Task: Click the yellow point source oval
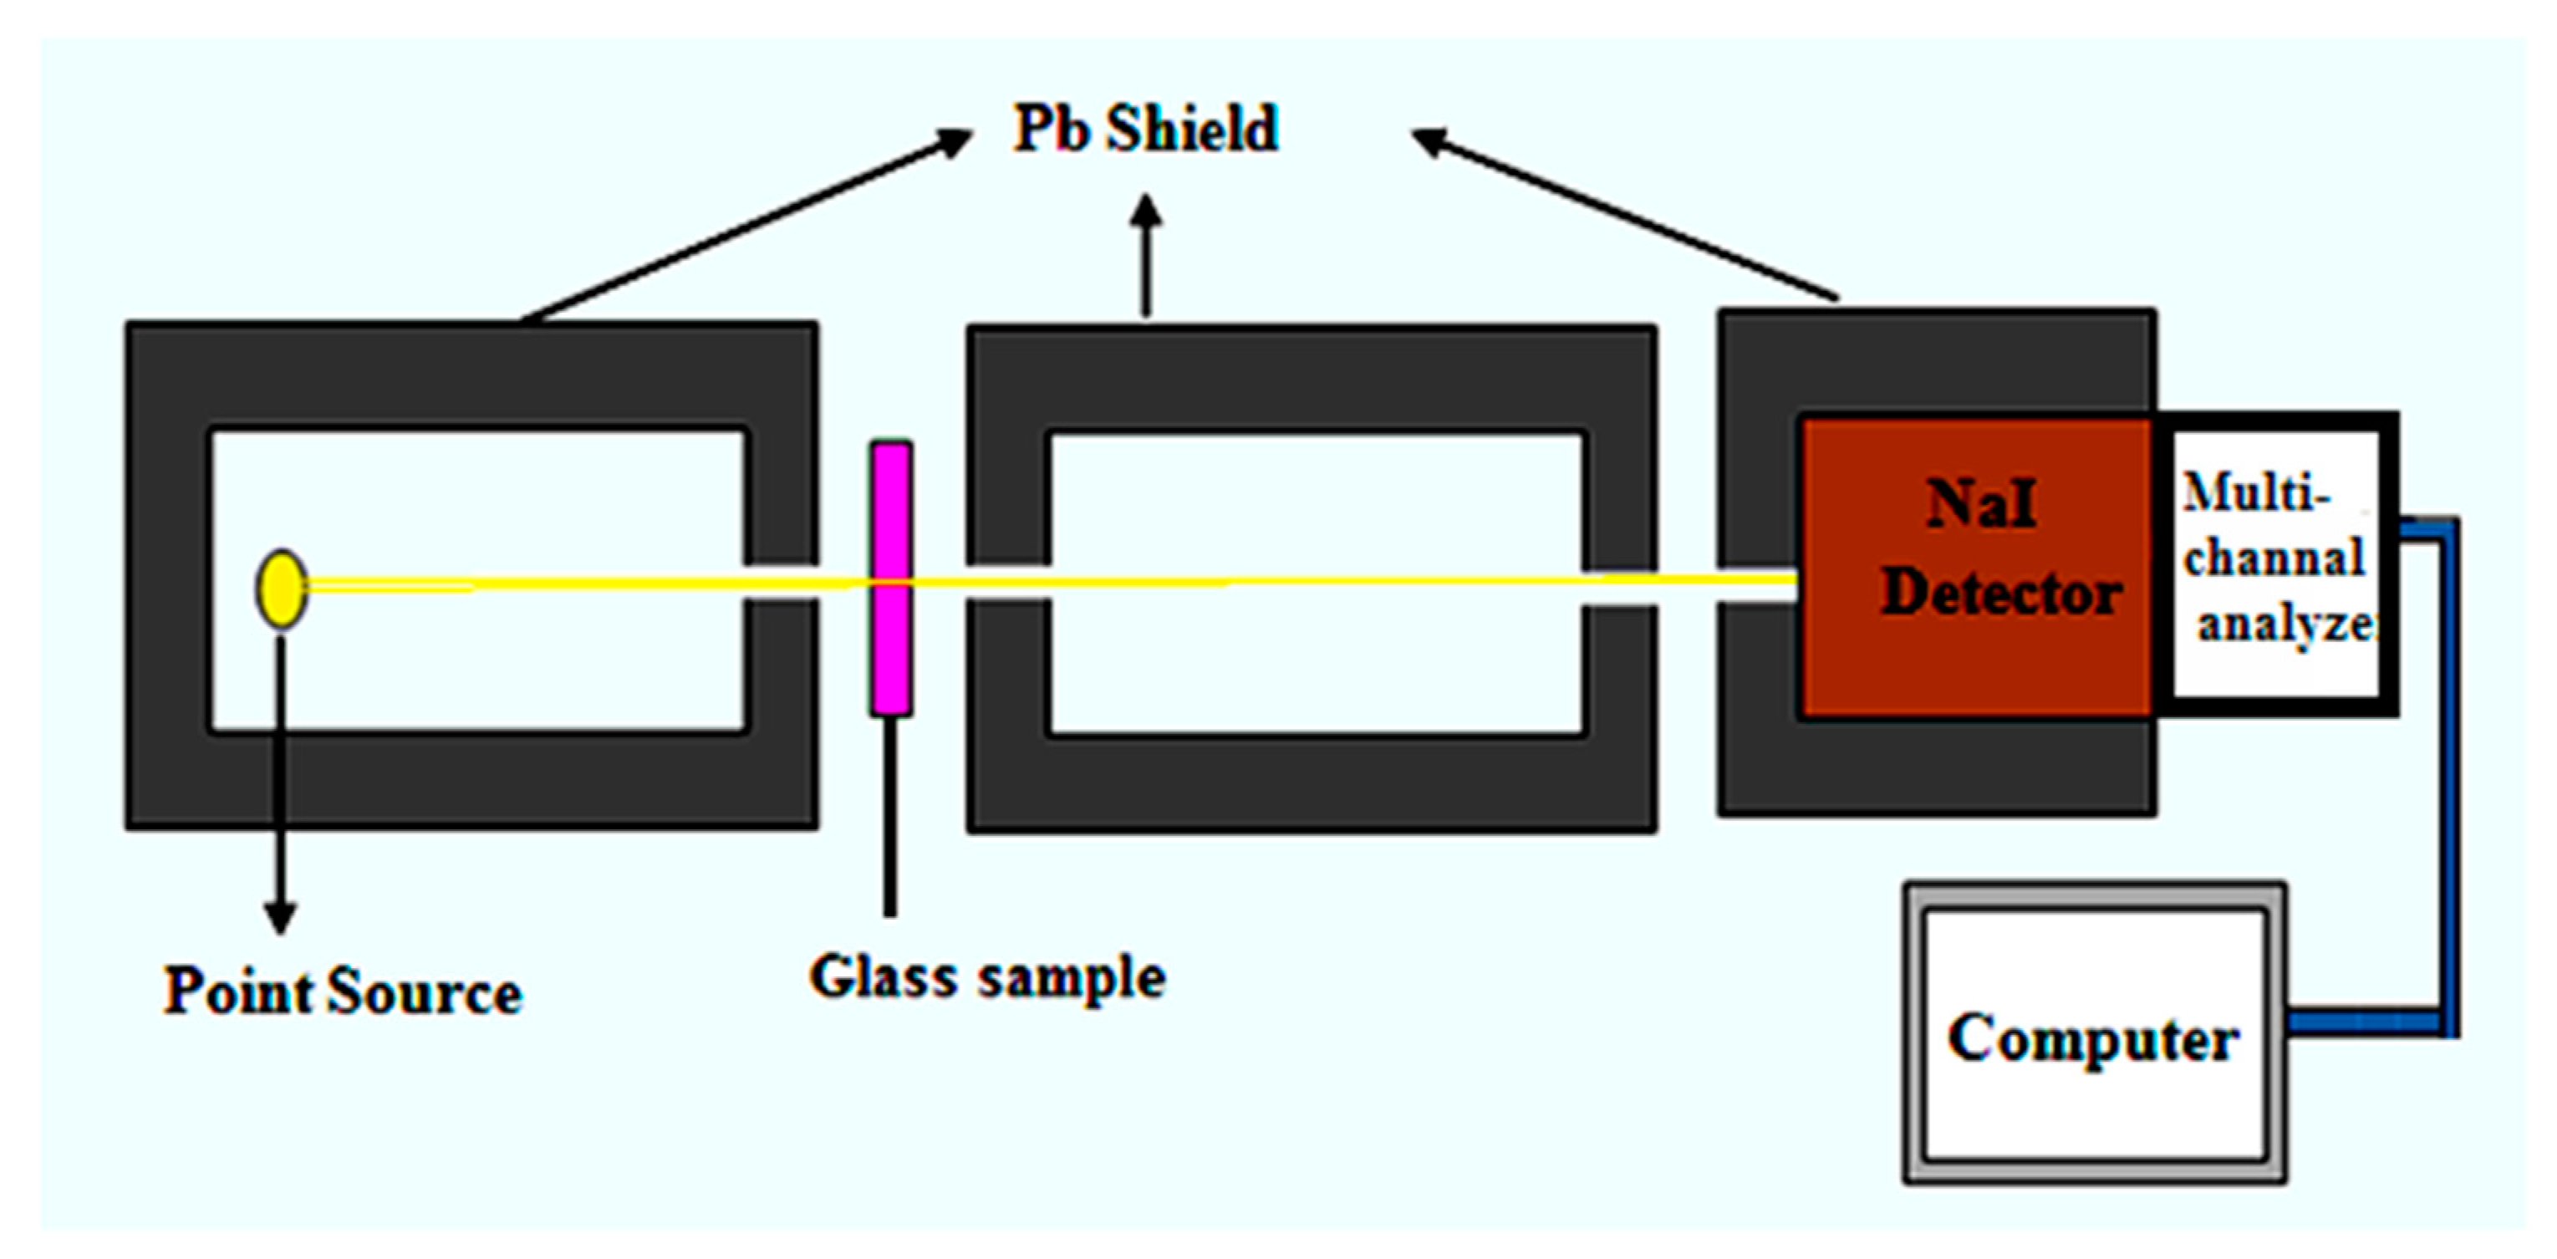(x=282, y=589)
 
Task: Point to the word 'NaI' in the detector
(x=1980, y=503)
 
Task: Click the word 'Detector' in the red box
(x=2001, y=594)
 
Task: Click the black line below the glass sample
(x=890, y=814)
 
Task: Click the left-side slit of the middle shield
(x=1008, y=584)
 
